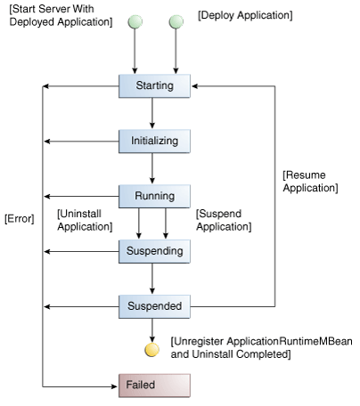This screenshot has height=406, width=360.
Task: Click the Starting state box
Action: [155, 85]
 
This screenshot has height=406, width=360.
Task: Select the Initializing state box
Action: [155, 141]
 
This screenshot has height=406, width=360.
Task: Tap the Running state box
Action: [155, 196]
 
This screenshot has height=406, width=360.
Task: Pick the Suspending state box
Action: [155, 251]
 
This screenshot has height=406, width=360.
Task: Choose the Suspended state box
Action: [155, 306]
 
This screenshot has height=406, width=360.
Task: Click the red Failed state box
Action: [155, 386]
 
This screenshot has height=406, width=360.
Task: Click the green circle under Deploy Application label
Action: [174, 20]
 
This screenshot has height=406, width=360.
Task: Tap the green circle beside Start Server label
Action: [135, 20]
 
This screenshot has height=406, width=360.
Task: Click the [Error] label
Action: [19, 218]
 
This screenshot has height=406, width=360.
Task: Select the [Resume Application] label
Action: [309, 182]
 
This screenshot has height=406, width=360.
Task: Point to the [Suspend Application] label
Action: [223, 221]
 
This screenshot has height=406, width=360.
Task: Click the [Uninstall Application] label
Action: [84, 220]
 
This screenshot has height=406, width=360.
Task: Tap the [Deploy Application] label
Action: [245, 15]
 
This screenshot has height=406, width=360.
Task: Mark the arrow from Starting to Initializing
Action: [155, 113]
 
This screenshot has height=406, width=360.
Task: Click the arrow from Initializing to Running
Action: [155, 168]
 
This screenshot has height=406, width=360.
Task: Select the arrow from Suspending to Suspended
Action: [155, 279]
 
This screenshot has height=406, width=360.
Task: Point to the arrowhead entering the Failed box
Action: [114, 386]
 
